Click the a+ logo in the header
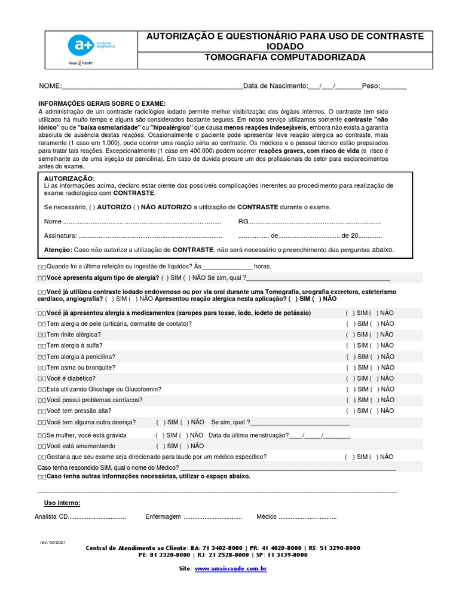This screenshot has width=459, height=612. click(79, 45)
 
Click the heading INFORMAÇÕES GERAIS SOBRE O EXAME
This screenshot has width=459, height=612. click(102, 103)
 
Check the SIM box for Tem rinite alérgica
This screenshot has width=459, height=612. click(350, 335)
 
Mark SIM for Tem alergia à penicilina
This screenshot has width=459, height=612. click(350, 357)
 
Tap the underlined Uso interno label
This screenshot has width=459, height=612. click(62, 503)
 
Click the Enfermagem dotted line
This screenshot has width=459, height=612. click(212, 516)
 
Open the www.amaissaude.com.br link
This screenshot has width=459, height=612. click(230, 569)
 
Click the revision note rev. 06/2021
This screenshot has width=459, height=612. click(53, 541)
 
